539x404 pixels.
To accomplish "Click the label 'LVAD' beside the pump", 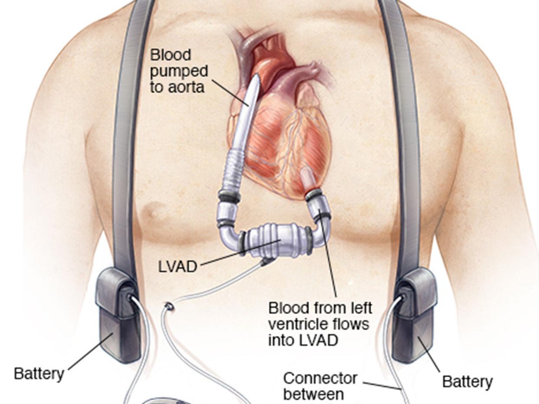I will coord(177,266).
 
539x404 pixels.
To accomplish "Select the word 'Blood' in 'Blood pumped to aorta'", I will coord(170,55).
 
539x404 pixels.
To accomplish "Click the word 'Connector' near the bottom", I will coord(320,378).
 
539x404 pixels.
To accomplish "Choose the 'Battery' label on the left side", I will coord(39,373).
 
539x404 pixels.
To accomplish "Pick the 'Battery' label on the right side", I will coord(467,381).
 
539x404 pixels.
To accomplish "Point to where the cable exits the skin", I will coord(169,307).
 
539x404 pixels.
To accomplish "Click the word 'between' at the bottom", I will coord(313,395).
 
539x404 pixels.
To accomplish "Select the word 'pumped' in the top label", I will coord(179,71).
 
